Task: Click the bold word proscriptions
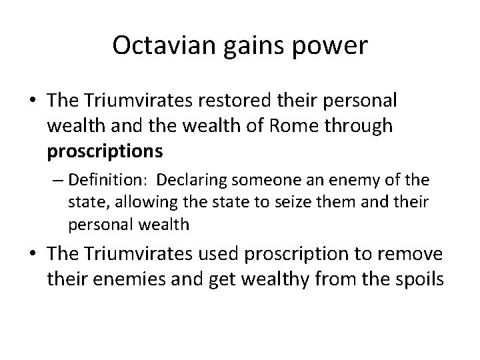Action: click(105, 152)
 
